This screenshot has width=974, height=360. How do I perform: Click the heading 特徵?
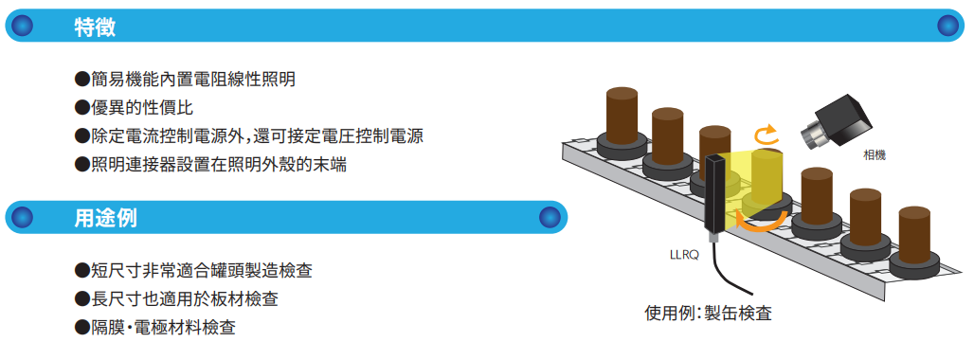pyautogui.click(x=95, y=27)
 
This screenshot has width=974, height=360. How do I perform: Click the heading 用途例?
pyautogui.click(x=105, y=219)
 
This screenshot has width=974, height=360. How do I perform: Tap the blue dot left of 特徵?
pyautogui.click(x=23, y=27)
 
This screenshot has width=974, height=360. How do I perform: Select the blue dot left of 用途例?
pyautogui.click(x=23, y=219)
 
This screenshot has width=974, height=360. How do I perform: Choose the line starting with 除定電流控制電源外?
pyautogui.click(x=255, y=136)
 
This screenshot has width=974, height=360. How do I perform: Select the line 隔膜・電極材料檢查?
pyautogui.click(x=162, y=328)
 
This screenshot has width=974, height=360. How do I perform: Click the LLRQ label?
pyautogui.click(x=684, y=253)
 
